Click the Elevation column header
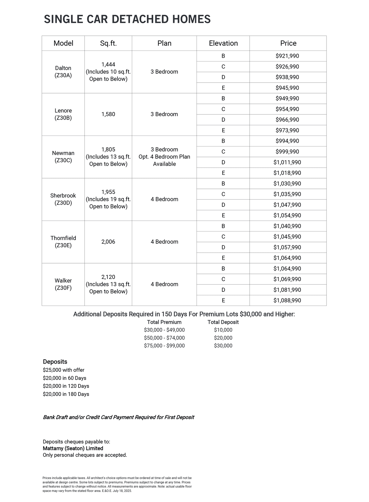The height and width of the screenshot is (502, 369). point(223,43)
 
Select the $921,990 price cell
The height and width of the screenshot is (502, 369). point(287,56)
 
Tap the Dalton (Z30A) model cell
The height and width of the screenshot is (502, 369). point(63,72)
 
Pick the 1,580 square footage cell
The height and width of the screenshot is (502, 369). point(108,114)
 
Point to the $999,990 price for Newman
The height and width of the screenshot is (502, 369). point(287,152)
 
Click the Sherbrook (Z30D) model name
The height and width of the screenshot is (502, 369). point(63,199)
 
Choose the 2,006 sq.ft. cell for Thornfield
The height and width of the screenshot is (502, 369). point(108,242)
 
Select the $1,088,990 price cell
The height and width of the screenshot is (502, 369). point(287,301)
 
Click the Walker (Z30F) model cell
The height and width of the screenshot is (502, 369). point(63,284)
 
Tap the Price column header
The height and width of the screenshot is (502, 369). point(288,43)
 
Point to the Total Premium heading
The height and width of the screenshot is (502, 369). point(164,322)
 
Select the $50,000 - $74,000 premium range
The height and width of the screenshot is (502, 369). point(164,338)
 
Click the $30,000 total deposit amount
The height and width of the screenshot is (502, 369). point(223,346)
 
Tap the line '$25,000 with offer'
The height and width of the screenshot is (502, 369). point(64,370)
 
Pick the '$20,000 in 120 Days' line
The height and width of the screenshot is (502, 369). point(66,386)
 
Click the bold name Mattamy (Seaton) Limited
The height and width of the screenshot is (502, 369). point(73,448)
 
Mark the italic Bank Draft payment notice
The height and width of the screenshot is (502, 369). point(118,417)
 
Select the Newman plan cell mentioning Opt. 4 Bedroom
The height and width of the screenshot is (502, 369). point(164,157)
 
